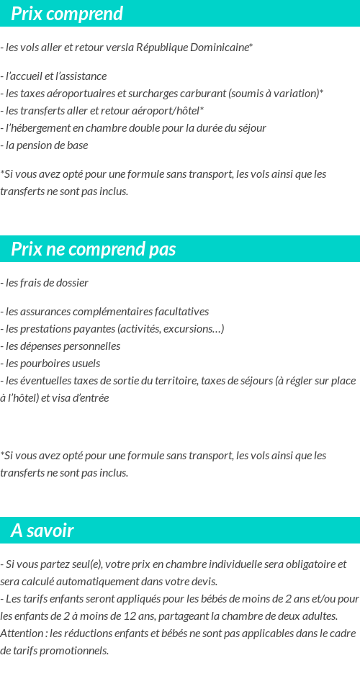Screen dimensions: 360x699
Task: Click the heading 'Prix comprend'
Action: click(67, 14)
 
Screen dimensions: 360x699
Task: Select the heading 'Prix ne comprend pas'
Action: click(94, 249)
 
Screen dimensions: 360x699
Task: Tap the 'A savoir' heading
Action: click(42, 531)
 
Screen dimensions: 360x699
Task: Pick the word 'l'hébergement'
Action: click(37, 127)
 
